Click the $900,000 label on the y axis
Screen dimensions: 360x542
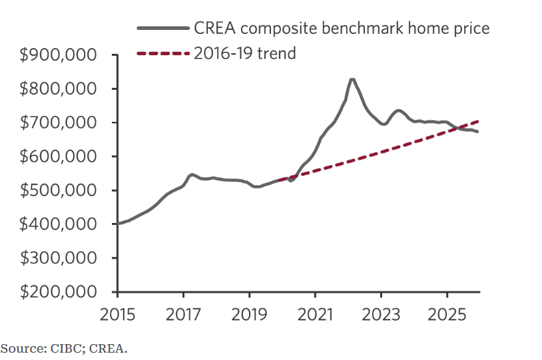point(59,55)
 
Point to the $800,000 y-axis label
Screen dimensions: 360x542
point(59,89)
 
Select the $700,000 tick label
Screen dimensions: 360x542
point(59,123)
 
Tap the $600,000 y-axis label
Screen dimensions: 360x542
point(59,157)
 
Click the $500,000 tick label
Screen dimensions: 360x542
point(59,191)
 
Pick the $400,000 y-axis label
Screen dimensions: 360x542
point(59,225)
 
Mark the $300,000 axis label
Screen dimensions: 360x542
point(59,259)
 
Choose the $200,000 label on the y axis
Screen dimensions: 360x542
point(59,293)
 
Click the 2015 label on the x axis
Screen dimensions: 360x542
point(117,312)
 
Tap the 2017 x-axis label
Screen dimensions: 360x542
point(183,312)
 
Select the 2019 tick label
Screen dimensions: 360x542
point(249,312)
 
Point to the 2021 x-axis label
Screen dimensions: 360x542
point(315,312)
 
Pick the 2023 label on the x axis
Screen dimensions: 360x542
point(381,312)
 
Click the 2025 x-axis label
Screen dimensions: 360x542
point(447,312)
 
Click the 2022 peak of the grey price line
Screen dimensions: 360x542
point(352,79)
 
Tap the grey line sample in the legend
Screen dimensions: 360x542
point(162,29)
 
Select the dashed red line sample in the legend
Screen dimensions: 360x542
point(162,54)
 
